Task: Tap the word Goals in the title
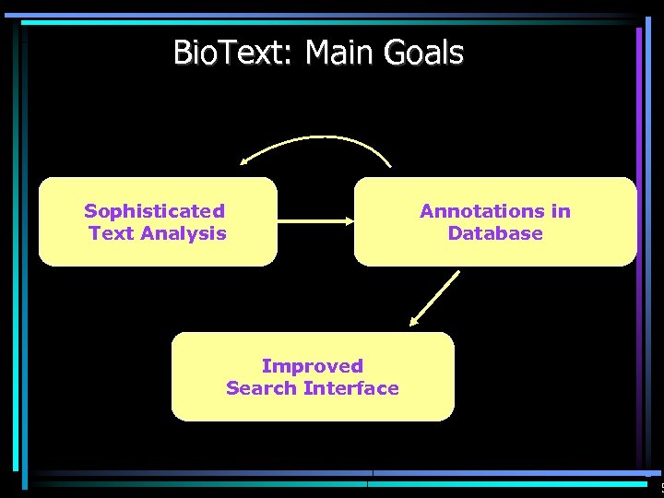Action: [x=429, y=53]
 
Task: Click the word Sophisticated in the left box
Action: [x=154, y=211]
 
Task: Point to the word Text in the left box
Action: [x=110, y=233]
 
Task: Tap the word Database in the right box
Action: [x=495, y=233]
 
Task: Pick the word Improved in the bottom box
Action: [x=312, y=366]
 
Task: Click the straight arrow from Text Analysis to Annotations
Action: [x=314, y=221]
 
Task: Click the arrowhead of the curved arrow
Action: [x=245, y=161]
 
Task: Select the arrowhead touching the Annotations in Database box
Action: [x=350, y=221]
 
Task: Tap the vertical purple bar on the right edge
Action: [x=638, y=249]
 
